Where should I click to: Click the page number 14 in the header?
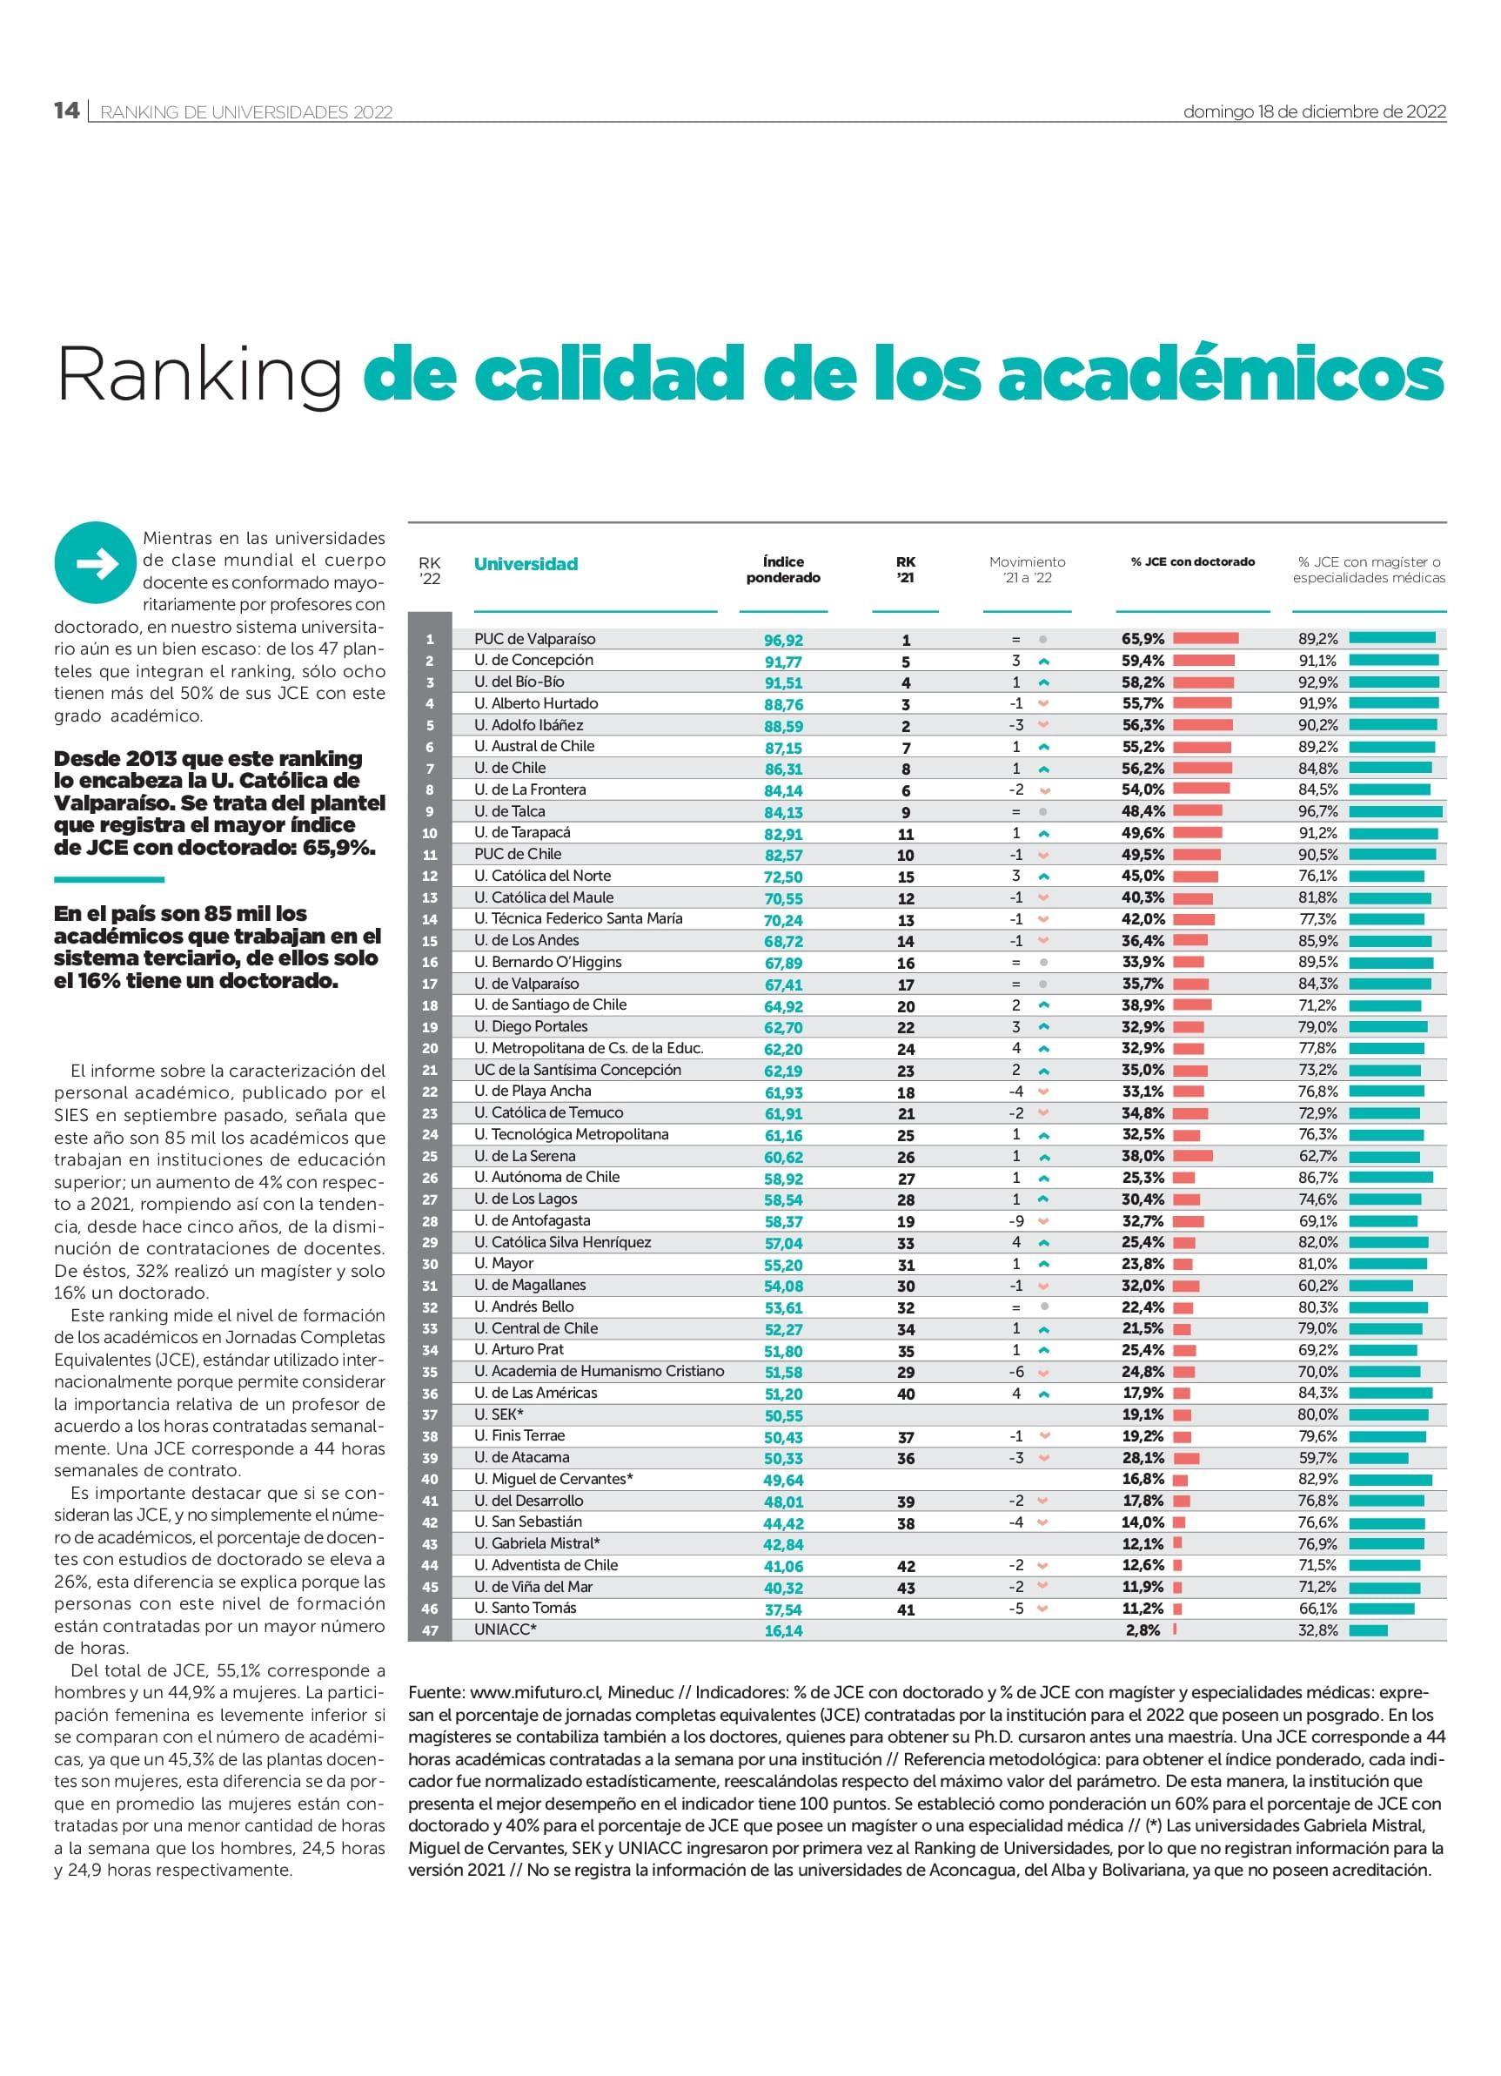pos(67,111)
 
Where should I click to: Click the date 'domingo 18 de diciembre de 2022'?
pos(1315,111)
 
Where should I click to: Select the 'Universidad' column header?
pos(526,564)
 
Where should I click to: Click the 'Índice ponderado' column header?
pos(783,569)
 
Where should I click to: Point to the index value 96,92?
pos(783,641)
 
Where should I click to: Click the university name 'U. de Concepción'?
pos(533,660)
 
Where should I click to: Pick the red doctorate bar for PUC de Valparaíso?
pos(1205,639)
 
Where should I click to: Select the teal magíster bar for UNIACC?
pos(1368,1630)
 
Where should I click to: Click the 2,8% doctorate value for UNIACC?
pos(1143,1630)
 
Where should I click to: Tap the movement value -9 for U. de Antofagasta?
pos(1016,1221)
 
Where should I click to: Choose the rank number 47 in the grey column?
pos(430,1630)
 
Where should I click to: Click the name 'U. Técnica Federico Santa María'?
pos(579,918)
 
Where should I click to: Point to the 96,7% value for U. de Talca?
pos(1318,812)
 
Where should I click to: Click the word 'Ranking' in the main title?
pos(199,376)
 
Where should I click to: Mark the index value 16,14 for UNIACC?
pos(783,1631)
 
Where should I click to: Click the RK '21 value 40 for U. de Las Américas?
pos(906,1394)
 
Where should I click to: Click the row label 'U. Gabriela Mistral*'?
pos(537,1543)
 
